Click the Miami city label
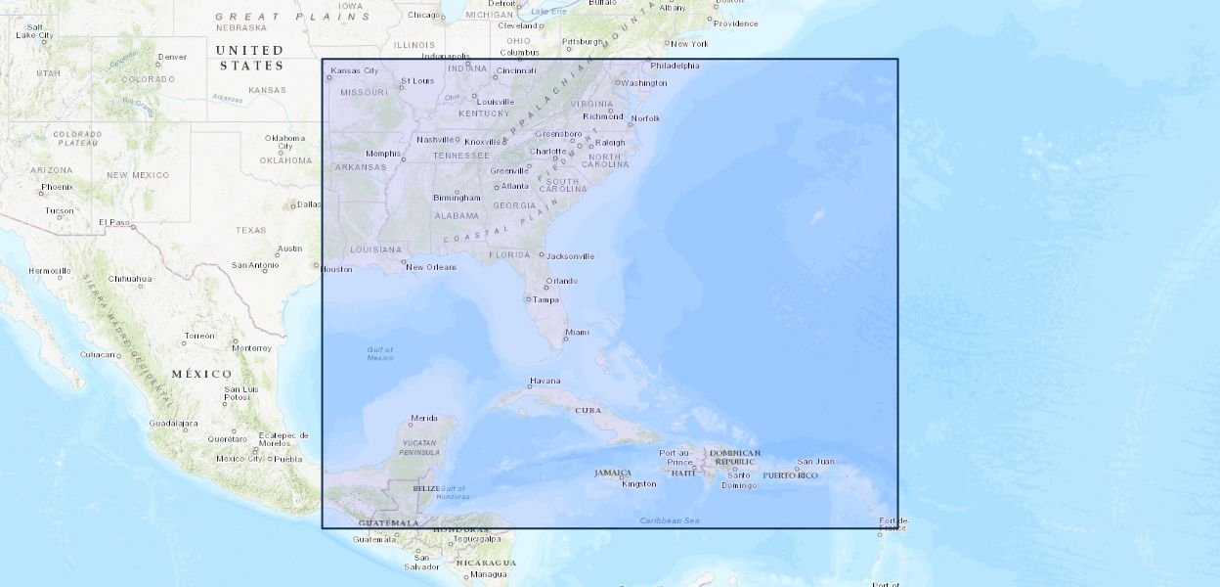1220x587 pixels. tap(578, 333)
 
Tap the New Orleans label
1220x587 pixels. tap(431, 267)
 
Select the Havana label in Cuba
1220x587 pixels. tap(545, 381)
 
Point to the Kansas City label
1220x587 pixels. tap(355, 70)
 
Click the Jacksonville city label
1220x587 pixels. tap(570, 256)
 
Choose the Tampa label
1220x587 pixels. tap(545, 299)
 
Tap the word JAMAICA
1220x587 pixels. tap(613, 473)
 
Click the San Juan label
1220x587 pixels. tap(815, 462)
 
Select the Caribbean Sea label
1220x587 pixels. tap(670, 520)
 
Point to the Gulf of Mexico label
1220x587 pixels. tap(380, 353)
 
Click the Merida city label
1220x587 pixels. tap(424, 418)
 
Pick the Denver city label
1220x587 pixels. tap(172, 57)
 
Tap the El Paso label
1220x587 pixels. tap(114, 222)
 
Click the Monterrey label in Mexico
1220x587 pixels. tap(251, 347)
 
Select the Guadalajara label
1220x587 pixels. tap(174, 424)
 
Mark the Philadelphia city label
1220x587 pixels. tap(675, 66)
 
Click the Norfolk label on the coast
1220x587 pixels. tap(645, 118)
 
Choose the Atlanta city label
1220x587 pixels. tap(514, 186)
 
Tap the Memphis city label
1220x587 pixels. tap(383, 154)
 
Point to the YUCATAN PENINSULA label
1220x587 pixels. tap(420, 448)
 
